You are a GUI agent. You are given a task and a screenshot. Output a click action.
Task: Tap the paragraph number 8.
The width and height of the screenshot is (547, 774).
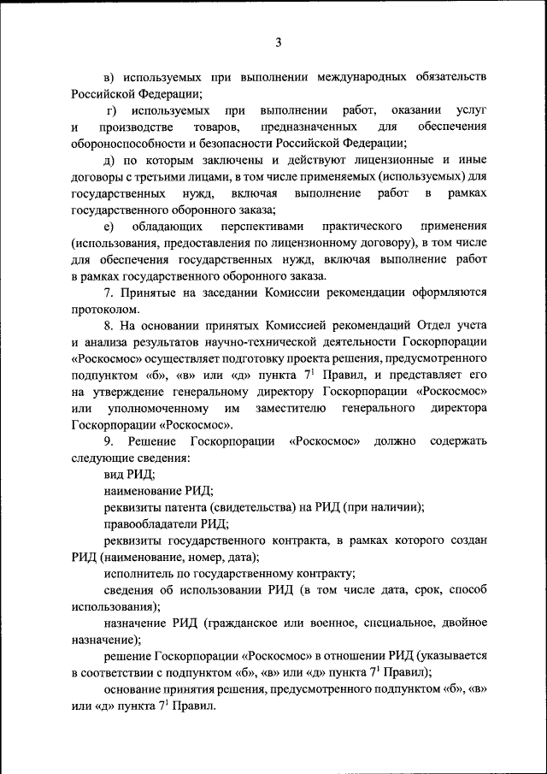coord(108,326)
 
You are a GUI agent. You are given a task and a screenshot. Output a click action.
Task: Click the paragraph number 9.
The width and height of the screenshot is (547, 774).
coord(109,441)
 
